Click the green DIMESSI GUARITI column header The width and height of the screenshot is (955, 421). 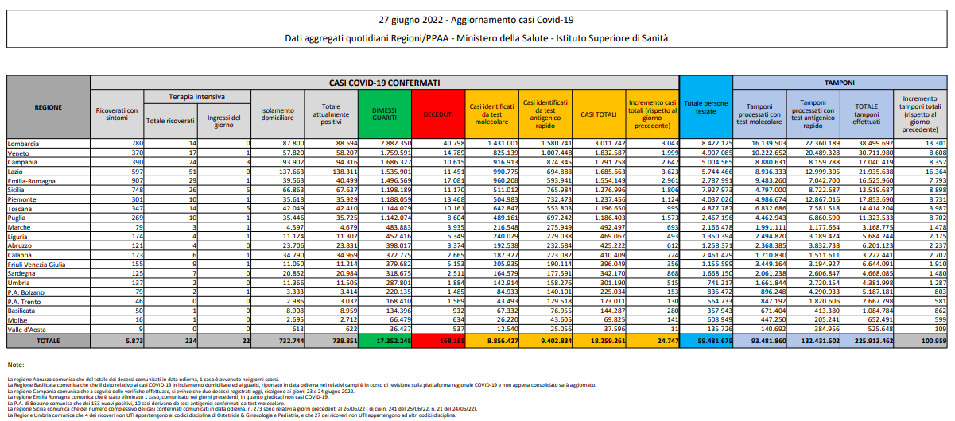pyautogui.click(x=386, y=114)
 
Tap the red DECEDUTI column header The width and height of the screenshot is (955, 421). pyautogui.click(x=440, y=114)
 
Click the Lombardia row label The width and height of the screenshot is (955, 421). pyautogui.click(x=23, y=143)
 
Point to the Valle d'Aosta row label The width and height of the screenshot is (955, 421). pyautogui.click(x=26, y=328)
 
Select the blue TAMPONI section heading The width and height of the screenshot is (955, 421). pyautogui.click(x=838, y=82)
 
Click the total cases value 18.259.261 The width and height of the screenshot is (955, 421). pyautogui.click(x=600, y=340)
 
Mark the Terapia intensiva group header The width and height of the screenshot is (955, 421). pyautogui.click(x=196, y=96)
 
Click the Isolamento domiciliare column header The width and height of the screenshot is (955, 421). pyautogui.click(x=278, y=114)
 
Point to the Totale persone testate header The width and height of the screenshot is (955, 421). pyautogui.click(x=705, y=107)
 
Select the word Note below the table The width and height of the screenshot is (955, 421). pyautogui.click(x=15, y=364)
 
